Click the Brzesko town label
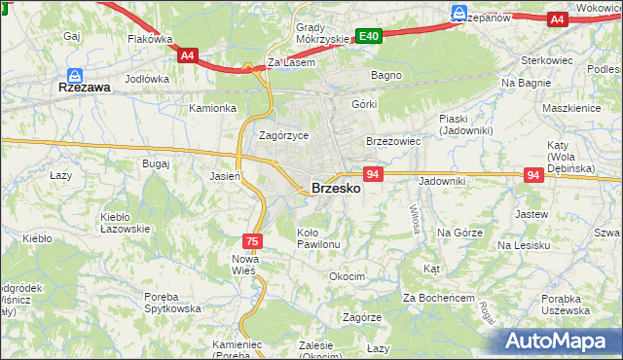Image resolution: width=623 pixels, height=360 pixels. pyautogui.click(x=336, y=189)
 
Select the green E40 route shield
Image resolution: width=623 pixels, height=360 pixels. pyautogui.click(x=368, y=36)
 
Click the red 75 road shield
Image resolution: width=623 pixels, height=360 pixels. pyautogui.click(x=251, y=240)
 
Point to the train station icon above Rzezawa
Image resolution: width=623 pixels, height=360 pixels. pyautogui.click(x=75, y=73)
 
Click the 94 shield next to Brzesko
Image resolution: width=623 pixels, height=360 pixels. pyautogui.click(x=373, y=174)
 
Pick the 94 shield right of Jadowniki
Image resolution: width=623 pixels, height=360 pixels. pyautogui.click(x=532, y=174)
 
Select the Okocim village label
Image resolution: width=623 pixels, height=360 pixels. pyautogui.click(x=347, y=276)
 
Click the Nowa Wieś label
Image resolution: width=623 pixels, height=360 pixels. pyautogui.click(x=243, y=264)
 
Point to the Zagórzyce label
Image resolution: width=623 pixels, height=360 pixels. pyautogui.click(x=283, y=136)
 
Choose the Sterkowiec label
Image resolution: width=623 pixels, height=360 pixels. pyautogui.click(x=545, y=59)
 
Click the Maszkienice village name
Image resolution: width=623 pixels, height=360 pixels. pyautogui.click(x=571, y=108)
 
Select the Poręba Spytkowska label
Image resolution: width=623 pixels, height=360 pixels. pyautogui.click(x=159, y=303)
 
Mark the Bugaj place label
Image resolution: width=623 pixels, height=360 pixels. pyautogui.click(x=156, y=163)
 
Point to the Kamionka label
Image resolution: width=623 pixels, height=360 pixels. pyautogui.click(x=213, y=108)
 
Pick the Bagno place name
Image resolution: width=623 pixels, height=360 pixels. pyautogui.click(x=385, y=74)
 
